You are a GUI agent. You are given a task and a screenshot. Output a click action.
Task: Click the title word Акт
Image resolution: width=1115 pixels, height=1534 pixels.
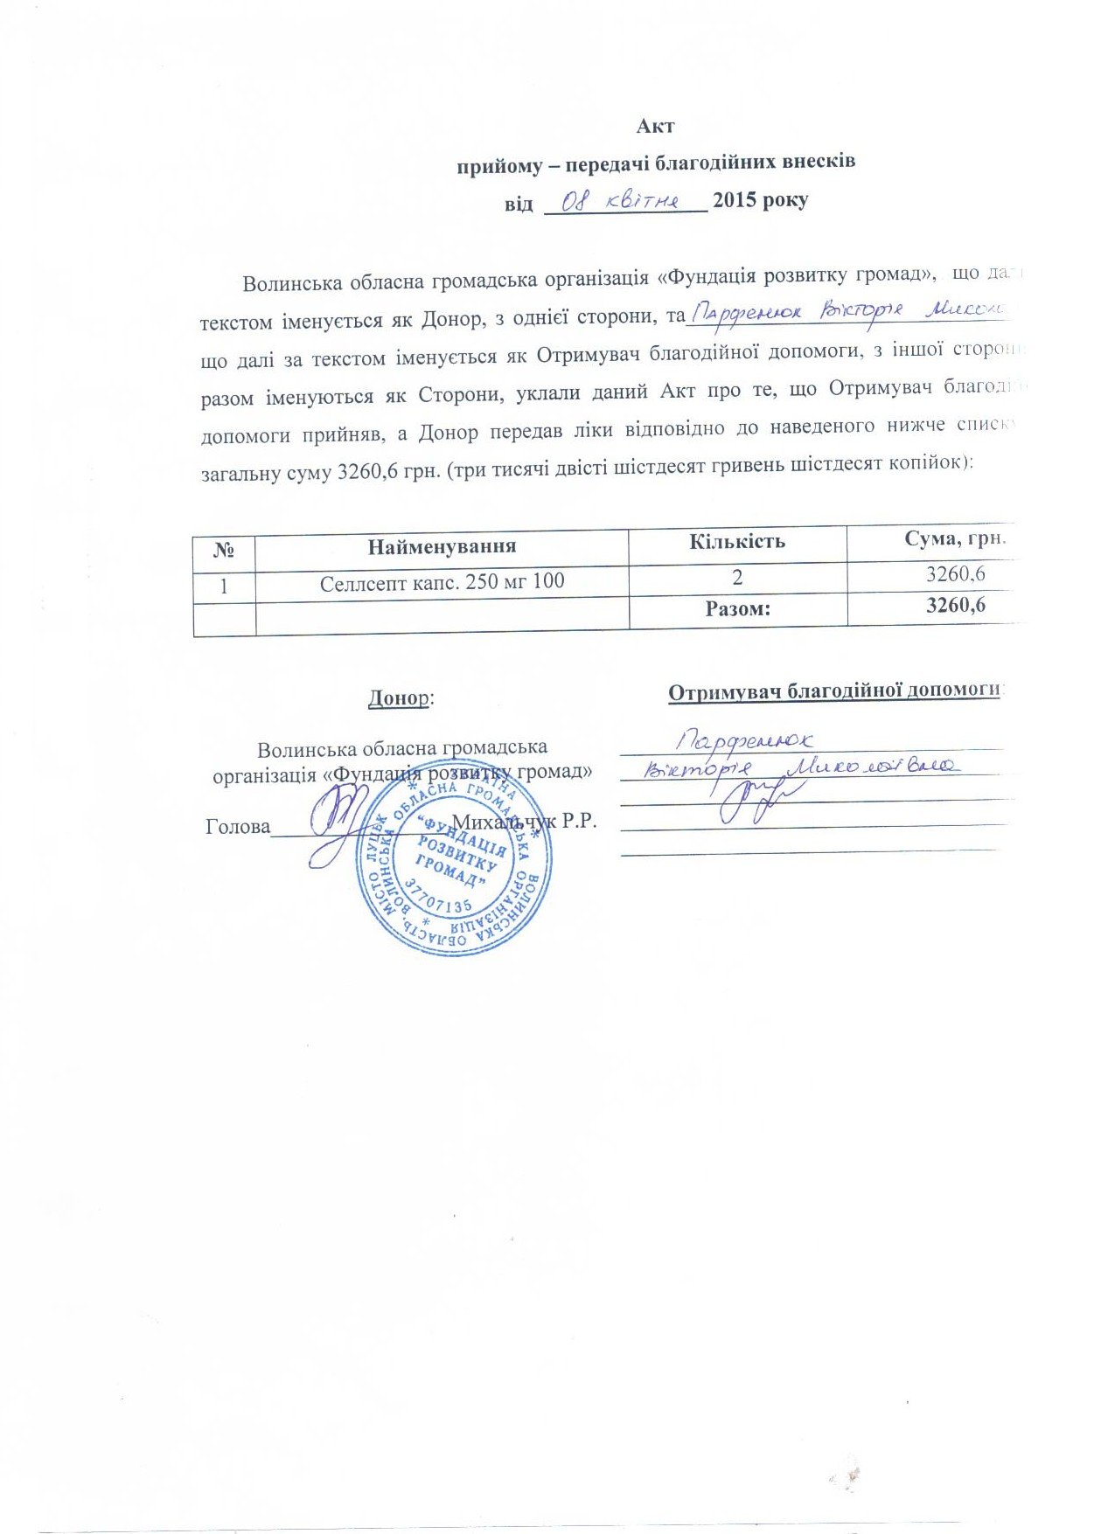(655, 126)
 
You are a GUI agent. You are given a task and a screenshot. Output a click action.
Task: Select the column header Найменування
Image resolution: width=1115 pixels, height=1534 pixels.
(442, 547)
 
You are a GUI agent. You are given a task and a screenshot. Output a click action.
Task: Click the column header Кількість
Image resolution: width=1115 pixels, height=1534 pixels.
(737, 541)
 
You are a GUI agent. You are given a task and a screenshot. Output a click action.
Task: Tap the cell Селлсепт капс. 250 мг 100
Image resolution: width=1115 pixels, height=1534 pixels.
(442, 581)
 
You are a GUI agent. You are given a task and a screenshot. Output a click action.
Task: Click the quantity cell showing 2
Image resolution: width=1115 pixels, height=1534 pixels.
(738, 577)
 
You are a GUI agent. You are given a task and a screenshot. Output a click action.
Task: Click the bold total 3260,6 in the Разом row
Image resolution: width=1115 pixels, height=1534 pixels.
(956, 605)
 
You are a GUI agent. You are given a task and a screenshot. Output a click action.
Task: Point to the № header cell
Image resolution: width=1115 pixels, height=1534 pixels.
(224, 551)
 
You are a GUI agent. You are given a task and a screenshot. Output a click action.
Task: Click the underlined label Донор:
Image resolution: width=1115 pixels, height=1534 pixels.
(401, 698)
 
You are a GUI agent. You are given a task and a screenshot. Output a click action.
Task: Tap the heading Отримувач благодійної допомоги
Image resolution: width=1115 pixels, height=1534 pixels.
(834, 691)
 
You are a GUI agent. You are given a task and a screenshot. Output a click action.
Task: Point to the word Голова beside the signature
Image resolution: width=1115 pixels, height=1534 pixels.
(238, 826)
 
